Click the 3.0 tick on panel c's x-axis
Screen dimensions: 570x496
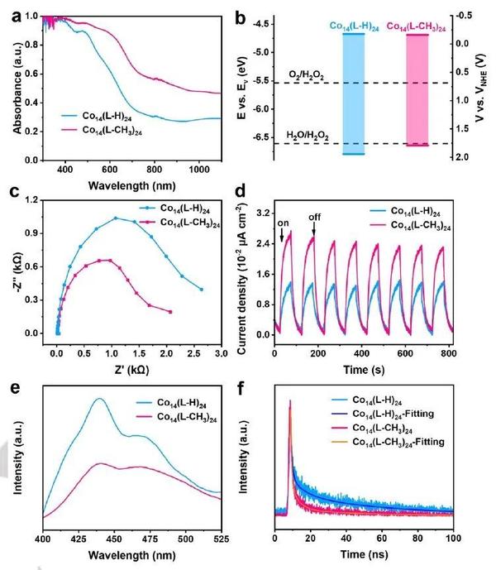click(222, 351)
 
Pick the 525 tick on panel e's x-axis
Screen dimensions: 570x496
click(220, 540)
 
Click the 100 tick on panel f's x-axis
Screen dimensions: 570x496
click(453, 539)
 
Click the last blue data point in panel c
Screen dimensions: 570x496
click(201, 289)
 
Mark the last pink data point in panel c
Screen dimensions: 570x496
click(170, 311)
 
